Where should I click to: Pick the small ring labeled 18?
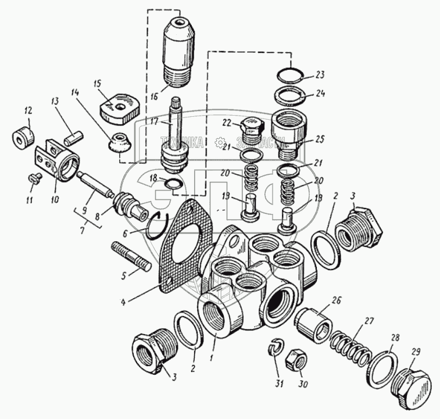click(x=172, y=185)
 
